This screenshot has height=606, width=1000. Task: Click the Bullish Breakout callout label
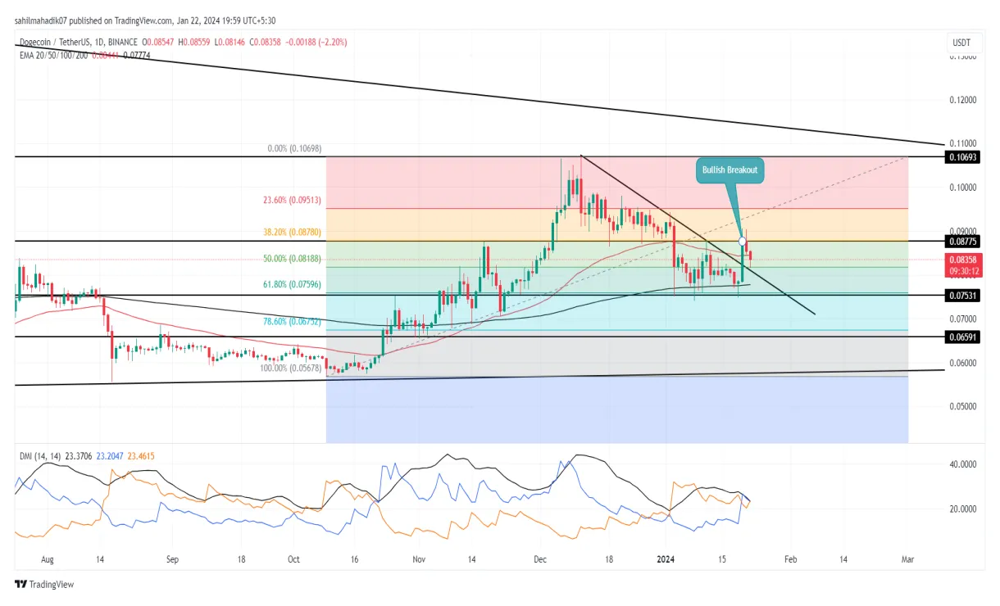click(730, 170)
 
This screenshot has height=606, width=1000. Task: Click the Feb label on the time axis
click(789, 559)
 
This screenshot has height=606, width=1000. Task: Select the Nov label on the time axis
click(420, 559)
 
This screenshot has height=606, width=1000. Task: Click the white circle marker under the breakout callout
click(743, 241)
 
